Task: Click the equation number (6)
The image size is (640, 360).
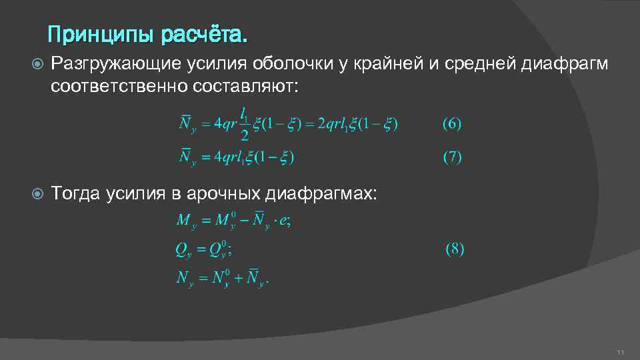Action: [452, 123]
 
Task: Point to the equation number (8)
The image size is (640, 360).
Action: [455, 250]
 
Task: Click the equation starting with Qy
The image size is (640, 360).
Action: [203, 249]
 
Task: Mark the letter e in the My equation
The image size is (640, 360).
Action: [283, 221]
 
